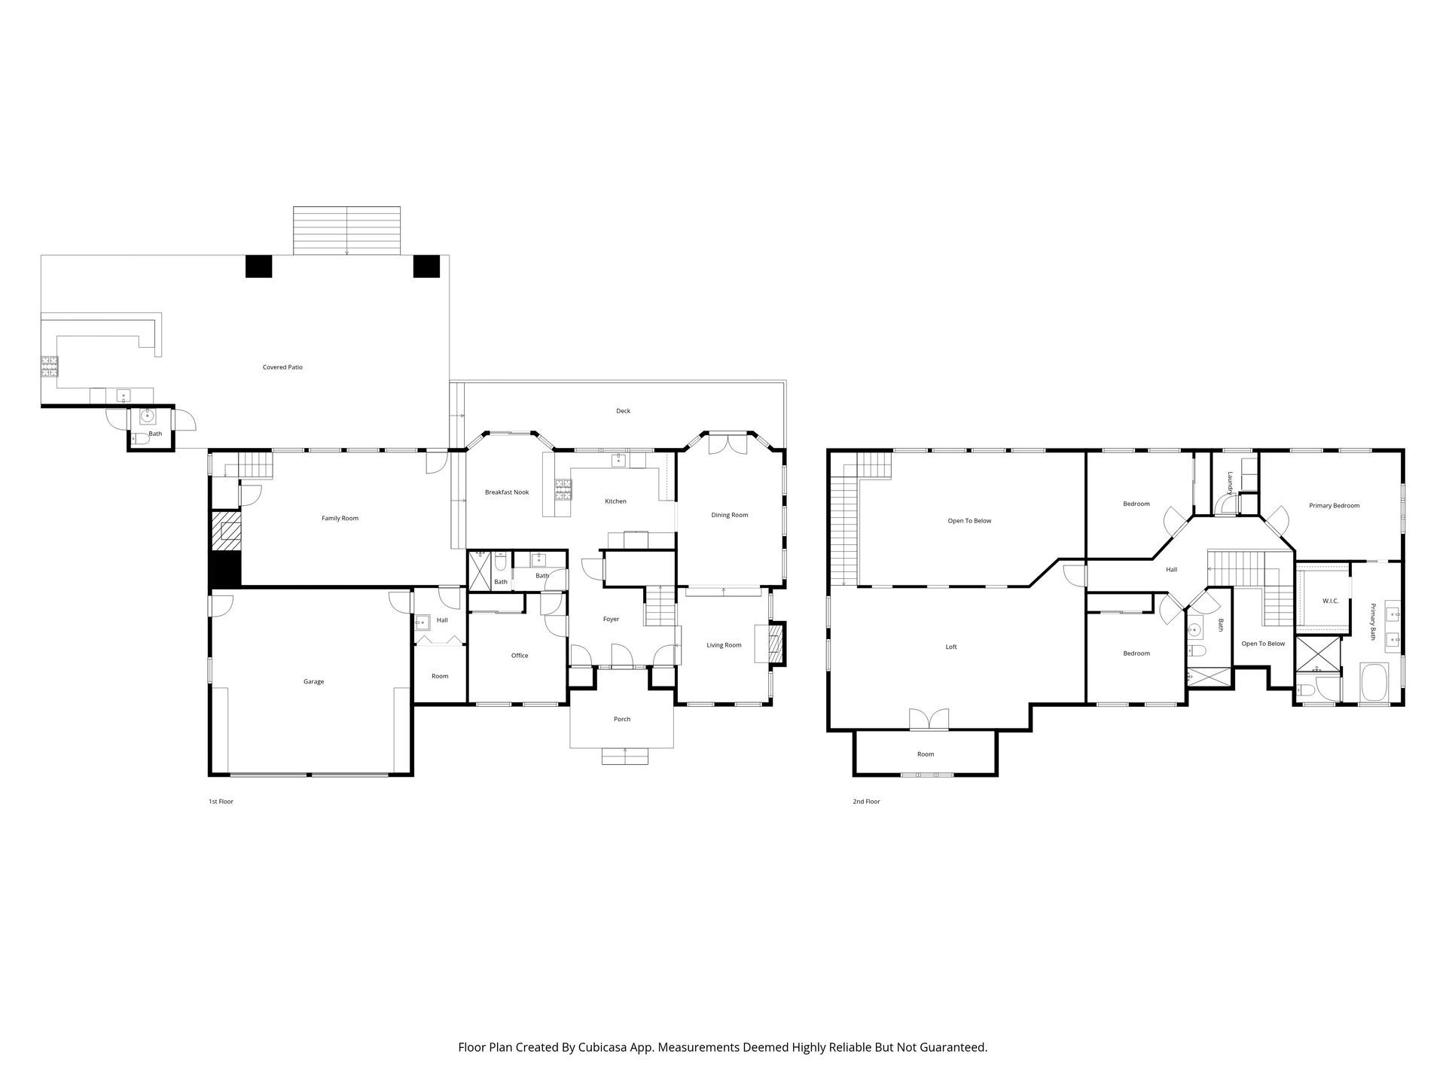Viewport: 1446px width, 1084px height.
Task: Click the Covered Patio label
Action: [282, 367]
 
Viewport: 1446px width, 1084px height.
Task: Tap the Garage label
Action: [314, 682]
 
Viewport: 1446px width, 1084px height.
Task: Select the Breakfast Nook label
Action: [507, 492]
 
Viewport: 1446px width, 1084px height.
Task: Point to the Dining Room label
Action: [730, 515]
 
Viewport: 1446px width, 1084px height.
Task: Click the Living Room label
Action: [724, 645]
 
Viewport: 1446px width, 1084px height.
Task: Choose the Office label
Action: [520, 656]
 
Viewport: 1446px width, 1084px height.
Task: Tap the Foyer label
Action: [611, 620]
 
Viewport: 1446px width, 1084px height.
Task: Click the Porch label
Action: [622, 719]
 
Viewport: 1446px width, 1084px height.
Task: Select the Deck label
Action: [623, 411]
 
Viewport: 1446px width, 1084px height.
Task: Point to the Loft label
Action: [951, 647]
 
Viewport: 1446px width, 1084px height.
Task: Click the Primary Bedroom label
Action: [1335, 506]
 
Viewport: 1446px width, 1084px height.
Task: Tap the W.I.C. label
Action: [1330, 601]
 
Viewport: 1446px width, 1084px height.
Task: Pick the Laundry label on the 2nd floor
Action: [1229, 483]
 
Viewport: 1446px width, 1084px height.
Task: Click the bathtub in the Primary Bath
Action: [1374, 683]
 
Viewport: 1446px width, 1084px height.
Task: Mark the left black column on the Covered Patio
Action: [258, 266]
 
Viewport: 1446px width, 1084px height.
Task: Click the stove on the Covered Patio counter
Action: [49, 366]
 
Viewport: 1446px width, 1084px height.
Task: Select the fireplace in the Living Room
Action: [776, 644]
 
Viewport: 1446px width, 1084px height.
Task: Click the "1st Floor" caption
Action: [221, 802]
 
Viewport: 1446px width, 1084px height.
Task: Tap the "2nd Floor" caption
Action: [866, 802]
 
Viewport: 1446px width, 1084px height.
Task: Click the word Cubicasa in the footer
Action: [603, 1047]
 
